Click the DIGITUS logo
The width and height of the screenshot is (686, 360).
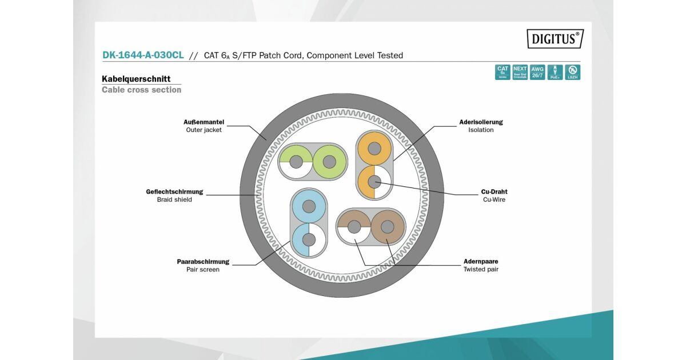pyautogui.click(x=555, y=39)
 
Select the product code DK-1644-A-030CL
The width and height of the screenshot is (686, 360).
pyautogui.click(x=143, y=55)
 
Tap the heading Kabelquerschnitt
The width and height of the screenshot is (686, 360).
pyautogui.click(x=136, y=79)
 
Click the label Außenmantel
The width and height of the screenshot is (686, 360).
pyautogui.click(x=204, y=122)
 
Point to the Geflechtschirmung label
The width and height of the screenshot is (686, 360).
pyautogui.click(x=174, y=192)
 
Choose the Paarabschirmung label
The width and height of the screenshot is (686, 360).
pyautogui.click(x=203, y=262)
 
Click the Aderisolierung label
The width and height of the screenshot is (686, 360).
pyautogui.click(x=481, y=122)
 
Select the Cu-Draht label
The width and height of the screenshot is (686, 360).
pyautogui.click(x=494, y=192)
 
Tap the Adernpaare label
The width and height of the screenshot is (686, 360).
pyautogui.click(x=481, y=262)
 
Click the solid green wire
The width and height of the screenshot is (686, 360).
pyautogui.click(x=329, y=162)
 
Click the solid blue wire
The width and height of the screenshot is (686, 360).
pyautogui.click(x=309, y=207)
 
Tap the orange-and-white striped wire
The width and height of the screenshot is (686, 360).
pyautogui.click(x=374, y=182)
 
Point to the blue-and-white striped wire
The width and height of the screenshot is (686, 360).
pyautogui.click(x=309, y=239)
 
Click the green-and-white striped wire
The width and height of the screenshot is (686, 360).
pyautogui.click(x=296, y=162)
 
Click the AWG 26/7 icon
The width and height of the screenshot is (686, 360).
pyautogui.click(x=537, y=72)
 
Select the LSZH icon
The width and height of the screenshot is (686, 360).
pyautogui.click(x=572, y=72)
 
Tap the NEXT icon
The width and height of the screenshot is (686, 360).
pyautogui.click(x=520, y=72)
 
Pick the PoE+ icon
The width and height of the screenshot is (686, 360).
pyautogui.click(x=555, y=72)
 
